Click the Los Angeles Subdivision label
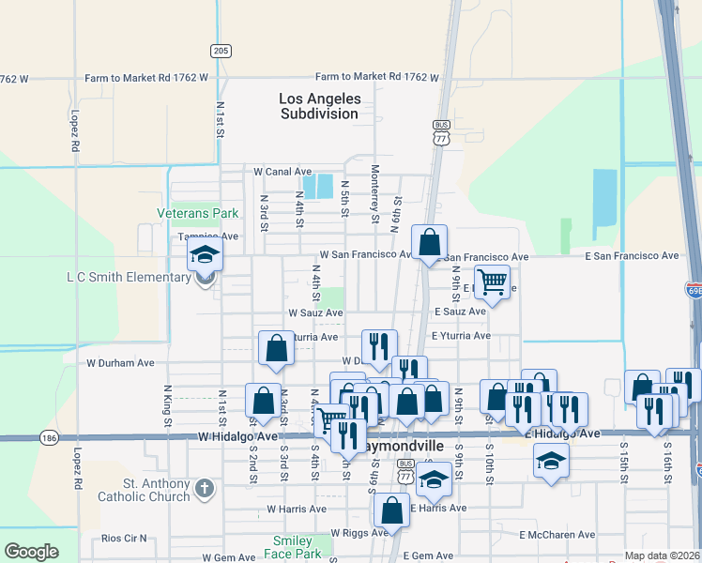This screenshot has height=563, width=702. tap(319, 106)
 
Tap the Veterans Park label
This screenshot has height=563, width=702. tap(198, 213)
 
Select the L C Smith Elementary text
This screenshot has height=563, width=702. tap(129, 278)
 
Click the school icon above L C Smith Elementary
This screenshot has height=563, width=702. tap(204, 254)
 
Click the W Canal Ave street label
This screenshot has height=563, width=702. tap(282, 172)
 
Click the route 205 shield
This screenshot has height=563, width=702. tap(221, 51)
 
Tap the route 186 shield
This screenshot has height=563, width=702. tap(51, 437)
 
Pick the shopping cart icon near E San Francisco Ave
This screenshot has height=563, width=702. tap(492, 281)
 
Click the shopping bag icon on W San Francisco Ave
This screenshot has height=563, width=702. tap(429, 242)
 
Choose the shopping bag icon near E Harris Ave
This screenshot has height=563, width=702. tap(391, 511)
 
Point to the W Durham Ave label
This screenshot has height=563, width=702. tap(120, 362)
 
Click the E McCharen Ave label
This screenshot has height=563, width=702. tap(557, 535)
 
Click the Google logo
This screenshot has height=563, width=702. tap(31, 552)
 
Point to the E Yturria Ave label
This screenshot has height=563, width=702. tap(461, 336)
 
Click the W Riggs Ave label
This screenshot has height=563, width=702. tap(359, 533)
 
